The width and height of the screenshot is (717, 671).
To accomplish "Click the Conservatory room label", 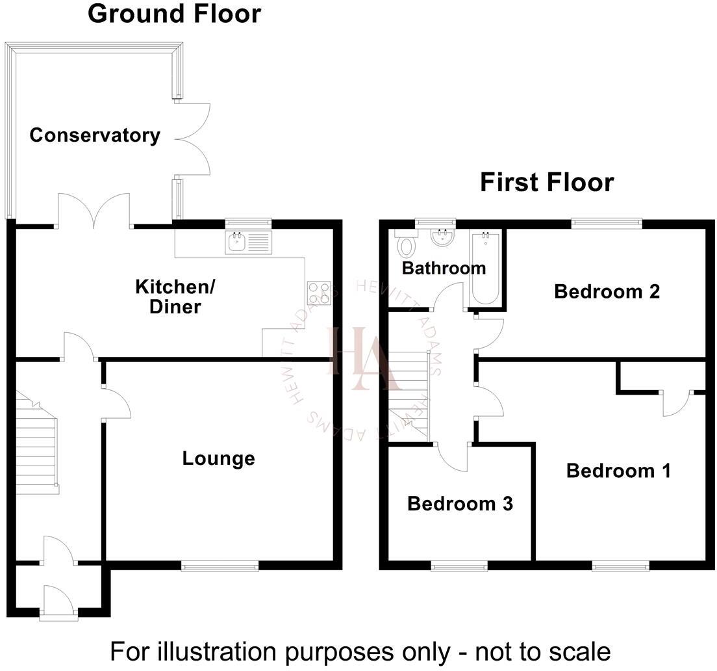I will pos(95,135).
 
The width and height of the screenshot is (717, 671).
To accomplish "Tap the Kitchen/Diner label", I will pos(175,296).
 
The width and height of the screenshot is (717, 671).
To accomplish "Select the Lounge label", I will pos(218,458).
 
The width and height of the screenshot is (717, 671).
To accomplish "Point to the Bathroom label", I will pos(444,268).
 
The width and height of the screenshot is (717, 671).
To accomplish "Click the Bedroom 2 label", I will pos(607,291).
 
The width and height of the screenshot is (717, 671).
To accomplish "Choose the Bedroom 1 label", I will pos(618,470).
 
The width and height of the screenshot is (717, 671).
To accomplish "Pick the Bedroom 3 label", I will pos(460,503).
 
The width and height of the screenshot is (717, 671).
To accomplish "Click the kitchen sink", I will pos(248,243).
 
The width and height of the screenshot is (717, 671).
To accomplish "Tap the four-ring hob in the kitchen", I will pos(319,293).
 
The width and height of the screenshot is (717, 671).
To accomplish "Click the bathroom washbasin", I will pos(443,238).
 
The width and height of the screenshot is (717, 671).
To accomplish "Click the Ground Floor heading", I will pos(174,14).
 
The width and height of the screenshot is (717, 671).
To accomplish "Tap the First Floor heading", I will pos(546,183).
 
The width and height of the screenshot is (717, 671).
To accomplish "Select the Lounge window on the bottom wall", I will pos(220,566).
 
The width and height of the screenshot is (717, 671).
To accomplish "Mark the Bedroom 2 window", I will pos(607,224).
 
